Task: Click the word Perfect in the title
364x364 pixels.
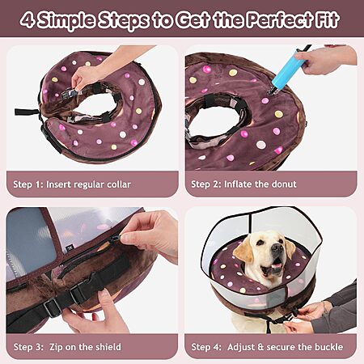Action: click(280, 19)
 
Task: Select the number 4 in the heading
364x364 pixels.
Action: click(28, 20)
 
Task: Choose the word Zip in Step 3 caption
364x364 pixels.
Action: click(56, 347)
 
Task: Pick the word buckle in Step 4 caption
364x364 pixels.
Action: click(329, 347)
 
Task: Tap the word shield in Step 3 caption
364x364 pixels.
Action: click(108, 347)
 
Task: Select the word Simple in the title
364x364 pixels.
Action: click(66, 20)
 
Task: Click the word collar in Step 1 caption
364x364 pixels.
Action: click(119, 184)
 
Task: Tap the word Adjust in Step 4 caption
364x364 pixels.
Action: click(240, 347)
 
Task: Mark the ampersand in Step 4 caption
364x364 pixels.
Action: click(260, 347)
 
